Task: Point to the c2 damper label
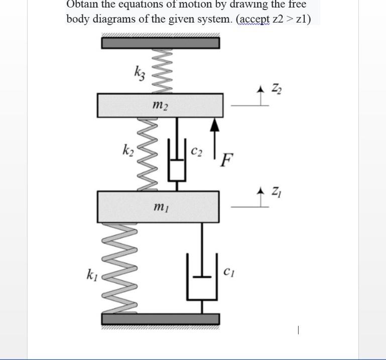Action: [197, 151]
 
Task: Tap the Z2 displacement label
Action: [277, 89]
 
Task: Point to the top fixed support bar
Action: [160, 42]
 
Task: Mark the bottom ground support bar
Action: [160, 319]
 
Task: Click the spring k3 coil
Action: [166, 71]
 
